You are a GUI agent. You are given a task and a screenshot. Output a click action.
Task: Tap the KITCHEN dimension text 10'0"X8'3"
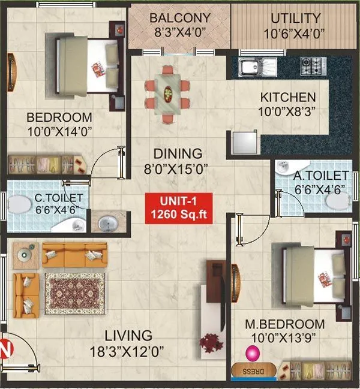[287, 111]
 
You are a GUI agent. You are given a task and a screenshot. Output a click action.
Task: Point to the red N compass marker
[5, 347]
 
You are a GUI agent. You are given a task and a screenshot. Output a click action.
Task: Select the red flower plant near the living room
[211, 343]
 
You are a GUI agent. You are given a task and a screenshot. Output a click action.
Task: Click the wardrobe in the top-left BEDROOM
[45, 164]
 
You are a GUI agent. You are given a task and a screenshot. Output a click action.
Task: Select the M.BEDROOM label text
[279, 325]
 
